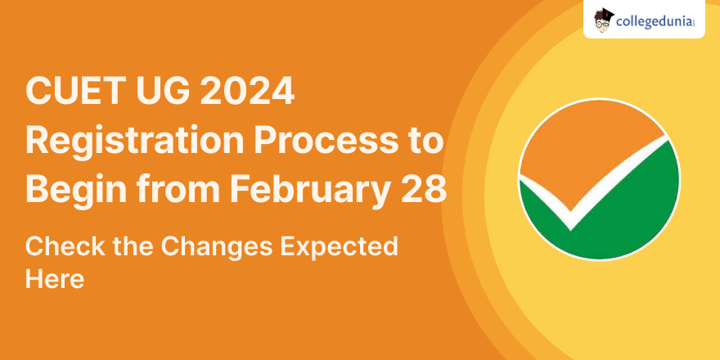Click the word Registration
click(134, 142)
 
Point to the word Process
click(326, 142)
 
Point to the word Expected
click(340, 249)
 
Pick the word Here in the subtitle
click(55, 278)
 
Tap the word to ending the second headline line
click(426, 142)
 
